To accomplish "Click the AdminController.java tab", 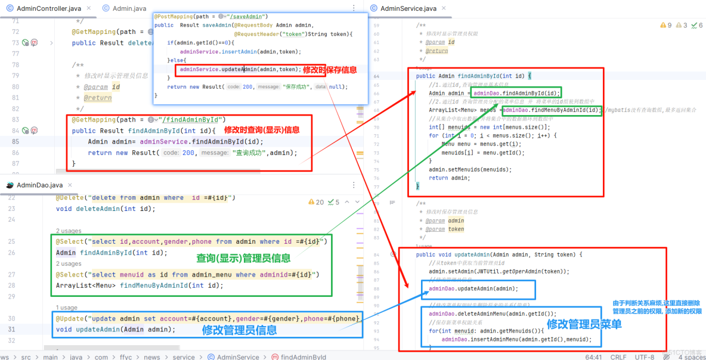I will tap(48, 8).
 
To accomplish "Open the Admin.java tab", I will tap(129, 8).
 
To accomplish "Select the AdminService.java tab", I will tap(408, 8).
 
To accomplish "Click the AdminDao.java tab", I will tap(39, 185).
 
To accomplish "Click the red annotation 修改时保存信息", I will tap(330, 70).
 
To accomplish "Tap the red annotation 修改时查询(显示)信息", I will tap(262, 130).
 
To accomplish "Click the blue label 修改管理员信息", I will tap(239, 329).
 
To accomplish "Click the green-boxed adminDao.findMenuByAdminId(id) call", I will tap(552, 110).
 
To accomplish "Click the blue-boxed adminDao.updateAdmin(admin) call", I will tap(473, 288).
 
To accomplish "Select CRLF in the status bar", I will tap(618, 356).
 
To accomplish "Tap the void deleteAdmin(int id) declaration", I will tap(106, 209).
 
